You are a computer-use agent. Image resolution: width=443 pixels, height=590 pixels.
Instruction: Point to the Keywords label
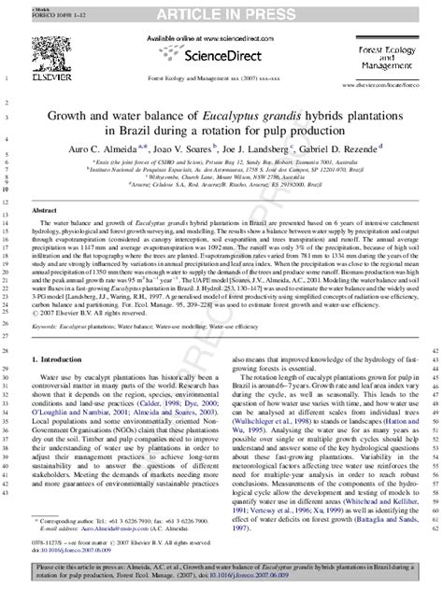coord(45,302)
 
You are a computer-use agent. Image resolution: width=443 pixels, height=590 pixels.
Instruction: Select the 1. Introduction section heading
coord(60,333)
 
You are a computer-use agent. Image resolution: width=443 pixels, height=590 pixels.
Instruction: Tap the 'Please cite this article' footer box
coord(221,571)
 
